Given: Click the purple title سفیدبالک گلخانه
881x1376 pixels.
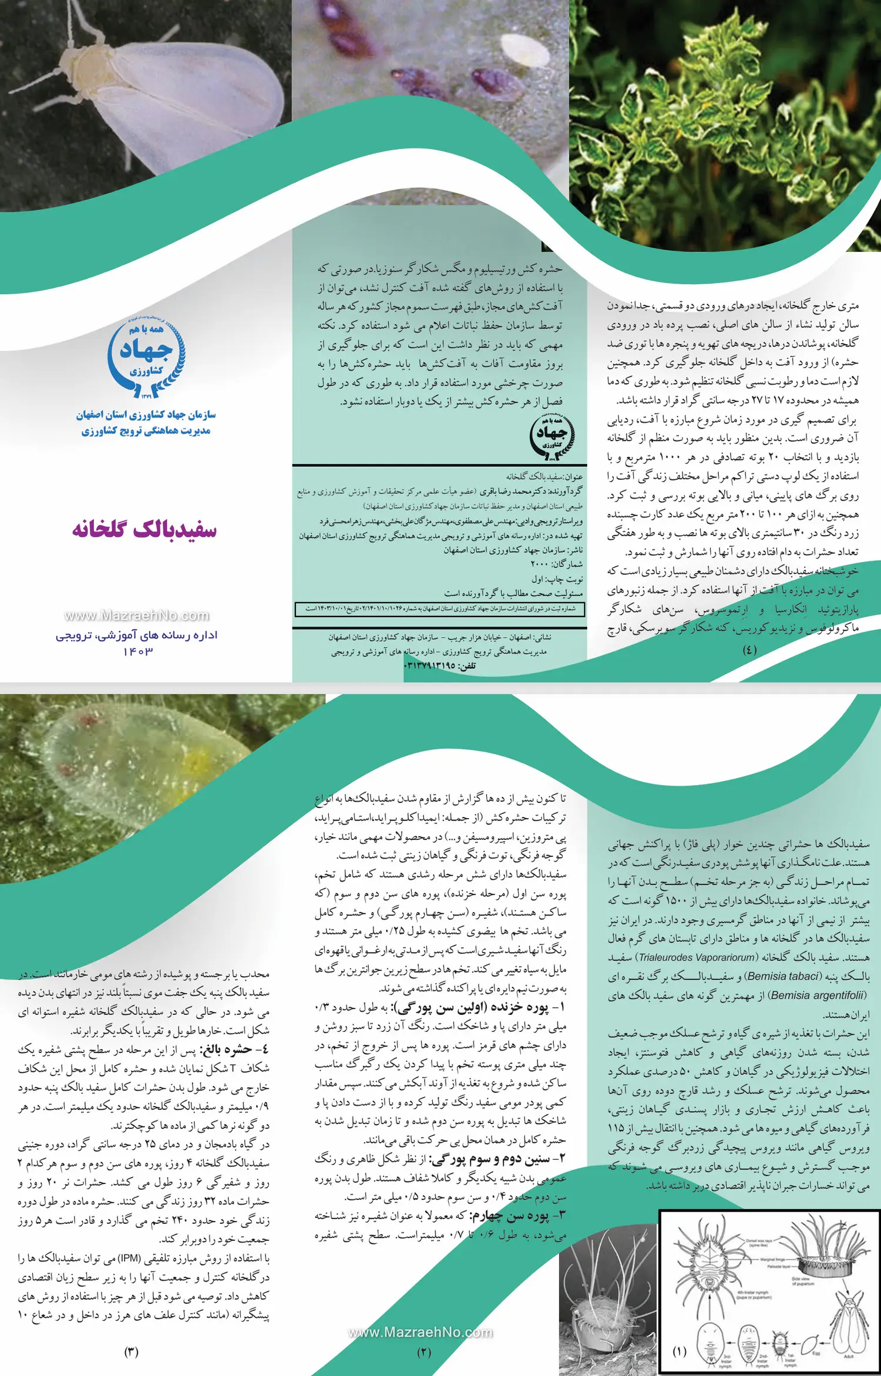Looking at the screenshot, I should (144, 529).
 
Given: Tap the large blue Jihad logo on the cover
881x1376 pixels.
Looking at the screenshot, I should (146, 359).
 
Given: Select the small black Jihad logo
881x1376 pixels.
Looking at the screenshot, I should (552, 436).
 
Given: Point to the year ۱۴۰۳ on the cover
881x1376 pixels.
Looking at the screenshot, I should (138, 651).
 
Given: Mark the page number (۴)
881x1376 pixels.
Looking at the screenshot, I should (749, 650).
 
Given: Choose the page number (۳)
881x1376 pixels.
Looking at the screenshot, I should (131, 1351).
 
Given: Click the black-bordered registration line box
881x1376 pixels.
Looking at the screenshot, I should (439, 609).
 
